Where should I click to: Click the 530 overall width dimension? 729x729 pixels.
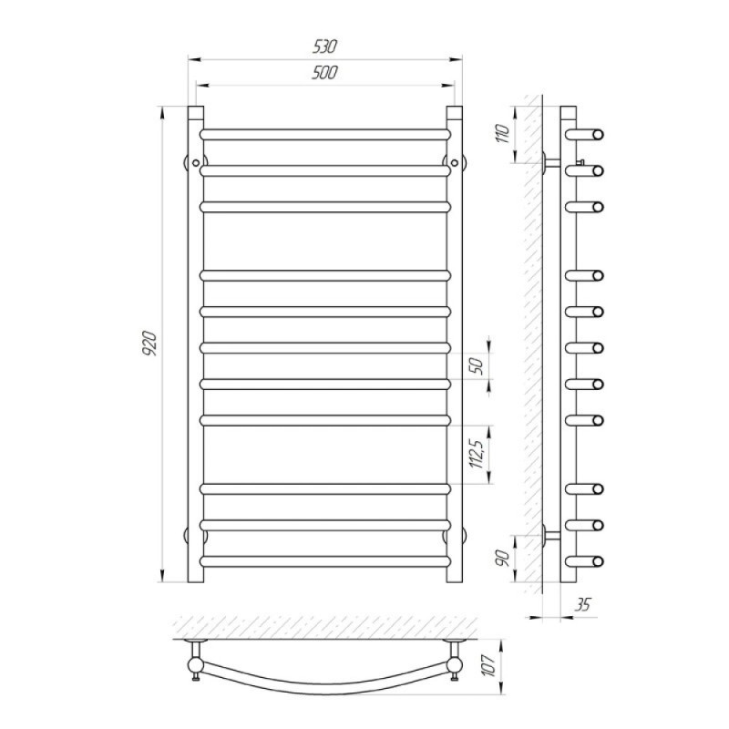[324, 46]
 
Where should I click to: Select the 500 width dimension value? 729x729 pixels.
[324, 73]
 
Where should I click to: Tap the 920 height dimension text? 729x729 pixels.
[150, 344]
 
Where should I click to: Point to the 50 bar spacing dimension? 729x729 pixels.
[477, 365]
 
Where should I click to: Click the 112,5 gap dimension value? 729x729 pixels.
[477, 454]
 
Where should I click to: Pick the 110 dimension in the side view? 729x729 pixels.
[504, 133]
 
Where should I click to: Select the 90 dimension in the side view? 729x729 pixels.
[504, 558]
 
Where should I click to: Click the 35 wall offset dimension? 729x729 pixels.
[582, 604]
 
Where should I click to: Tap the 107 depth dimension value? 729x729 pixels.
[489, 666]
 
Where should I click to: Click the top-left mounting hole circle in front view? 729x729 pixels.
[196, 163]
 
